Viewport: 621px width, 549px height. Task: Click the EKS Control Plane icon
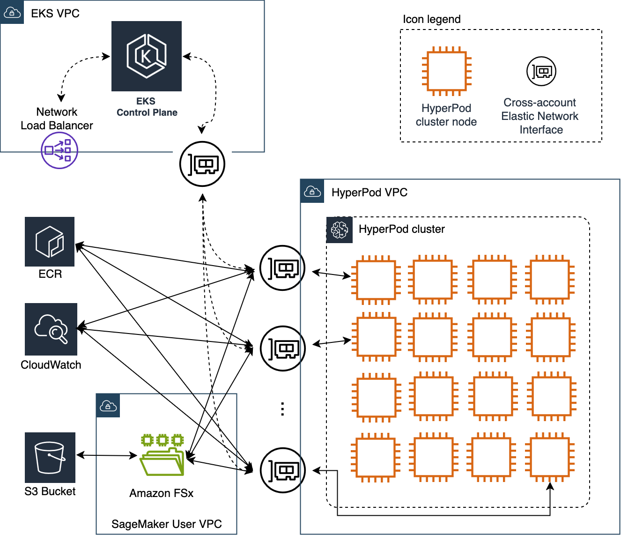pos(146,56)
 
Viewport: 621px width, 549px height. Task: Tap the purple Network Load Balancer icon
pos(59,150)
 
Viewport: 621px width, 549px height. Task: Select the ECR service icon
pos(50,242)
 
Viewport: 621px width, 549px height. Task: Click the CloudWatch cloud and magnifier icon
pos(51,329)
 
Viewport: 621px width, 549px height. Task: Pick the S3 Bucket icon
pos(50,458)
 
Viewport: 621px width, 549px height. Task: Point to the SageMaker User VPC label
pos(166,524)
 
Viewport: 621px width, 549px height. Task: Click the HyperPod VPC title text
pos(369,193)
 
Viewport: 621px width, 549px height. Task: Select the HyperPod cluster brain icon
pos(339,230)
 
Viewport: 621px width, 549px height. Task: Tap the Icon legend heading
pos(431,19)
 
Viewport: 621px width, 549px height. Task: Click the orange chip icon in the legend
pos(446,72)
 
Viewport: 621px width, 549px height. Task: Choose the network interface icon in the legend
pos(541,72)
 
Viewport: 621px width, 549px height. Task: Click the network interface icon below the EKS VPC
pos(202,164)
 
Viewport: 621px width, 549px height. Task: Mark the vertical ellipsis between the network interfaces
pos(282,409)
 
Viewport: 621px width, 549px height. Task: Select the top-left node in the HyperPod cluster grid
pos(376,280)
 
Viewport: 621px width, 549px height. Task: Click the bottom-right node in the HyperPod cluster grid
pos(550,458)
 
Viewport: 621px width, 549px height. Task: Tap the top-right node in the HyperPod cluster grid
pos(550,280)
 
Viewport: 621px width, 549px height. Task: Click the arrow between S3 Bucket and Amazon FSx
pos(107,455)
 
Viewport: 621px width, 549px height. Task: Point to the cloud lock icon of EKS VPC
pos(12,12)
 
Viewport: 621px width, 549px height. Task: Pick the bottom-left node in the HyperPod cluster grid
pos(376,458)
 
